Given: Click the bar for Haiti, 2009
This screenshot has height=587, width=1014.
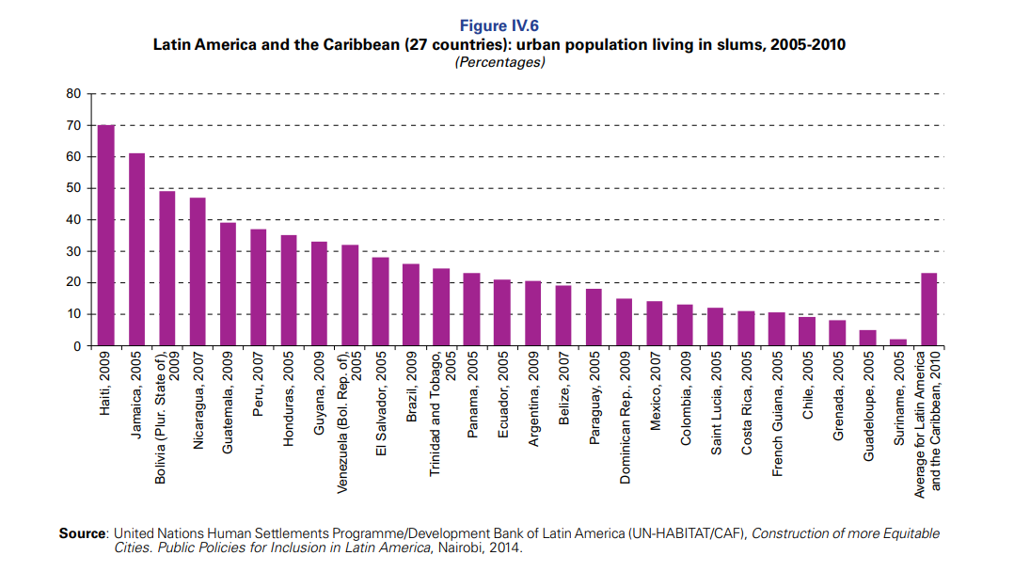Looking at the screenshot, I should click(106, 235).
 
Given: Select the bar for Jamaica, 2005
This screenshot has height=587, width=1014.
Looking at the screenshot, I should click(136, 249).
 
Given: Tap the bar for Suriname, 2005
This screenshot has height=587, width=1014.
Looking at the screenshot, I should click(898, 342).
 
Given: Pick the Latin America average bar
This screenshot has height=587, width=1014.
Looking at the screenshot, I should click(928, 309).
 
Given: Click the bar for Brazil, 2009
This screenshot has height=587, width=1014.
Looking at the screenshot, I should click(410, 305).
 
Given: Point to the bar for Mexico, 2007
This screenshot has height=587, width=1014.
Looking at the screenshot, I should click(655, 324).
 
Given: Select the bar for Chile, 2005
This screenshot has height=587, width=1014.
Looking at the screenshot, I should click(807, 331).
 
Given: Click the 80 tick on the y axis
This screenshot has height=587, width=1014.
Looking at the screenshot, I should click(73, 94).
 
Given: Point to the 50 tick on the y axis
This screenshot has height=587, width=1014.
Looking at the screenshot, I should click(73, 188).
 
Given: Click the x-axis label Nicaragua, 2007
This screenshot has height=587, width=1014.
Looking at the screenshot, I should click(198, 405).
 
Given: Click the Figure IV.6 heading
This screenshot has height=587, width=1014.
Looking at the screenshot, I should click(499, 25).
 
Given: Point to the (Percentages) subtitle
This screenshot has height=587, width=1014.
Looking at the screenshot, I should click(499, 62).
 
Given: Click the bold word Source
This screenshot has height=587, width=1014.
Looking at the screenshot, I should click(82, 533).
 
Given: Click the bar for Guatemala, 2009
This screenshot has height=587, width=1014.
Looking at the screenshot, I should click(228, 284).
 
